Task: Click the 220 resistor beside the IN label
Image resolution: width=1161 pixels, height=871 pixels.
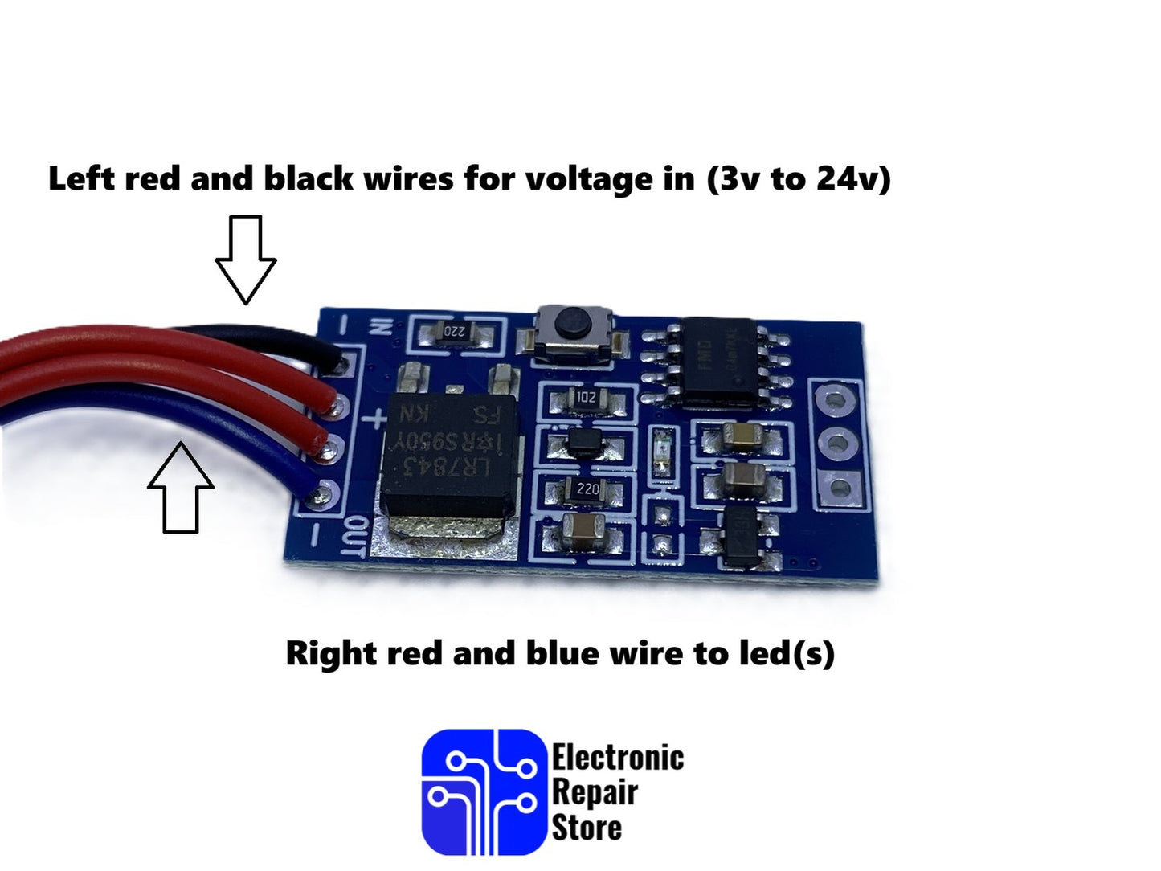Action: click(455, 331)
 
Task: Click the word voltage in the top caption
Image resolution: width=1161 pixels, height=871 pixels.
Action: click(590, 178)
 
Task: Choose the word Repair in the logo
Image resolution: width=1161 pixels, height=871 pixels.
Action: click(595, 792)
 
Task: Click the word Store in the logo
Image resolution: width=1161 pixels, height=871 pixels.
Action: click(587, 828)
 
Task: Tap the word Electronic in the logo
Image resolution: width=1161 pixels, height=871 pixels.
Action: click(617, 758)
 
